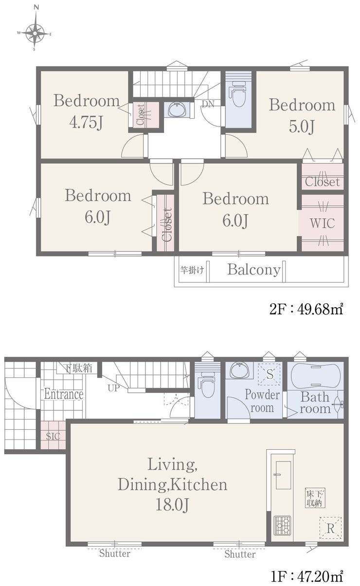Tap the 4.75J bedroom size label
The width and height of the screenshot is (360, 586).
[x=86, y=123]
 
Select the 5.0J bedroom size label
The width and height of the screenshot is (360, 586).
[x=302, y=127]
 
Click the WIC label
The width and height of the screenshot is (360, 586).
[x=322, y=223]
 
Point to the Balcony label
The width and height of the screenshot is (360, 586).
[x=254, y=270]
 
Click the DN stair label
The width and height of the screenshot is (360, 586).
[x=208, y=104]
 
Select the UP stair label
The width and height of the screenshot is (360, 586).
[x=113, y=388]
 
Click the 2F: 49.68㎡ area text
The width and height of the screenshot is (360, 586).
[x=306, y=310]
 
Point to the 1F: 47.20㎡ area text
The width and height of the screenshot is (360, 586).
[x=306, y=576]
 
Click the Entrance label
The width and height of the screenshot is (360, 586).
[x=64, y=394]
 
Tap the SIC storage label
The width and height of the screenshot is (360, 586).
[x=53, y=436]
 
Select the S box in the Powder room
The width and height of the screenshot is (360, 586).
[x=270, y=374]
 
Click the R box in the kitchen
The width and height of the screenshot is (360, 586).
[x=330, y=528]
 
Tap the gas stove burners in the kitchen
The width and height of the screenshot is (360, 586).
[x=282, y=525]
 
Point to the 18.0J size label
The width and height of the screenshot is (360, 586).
[x=172, y=505]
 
